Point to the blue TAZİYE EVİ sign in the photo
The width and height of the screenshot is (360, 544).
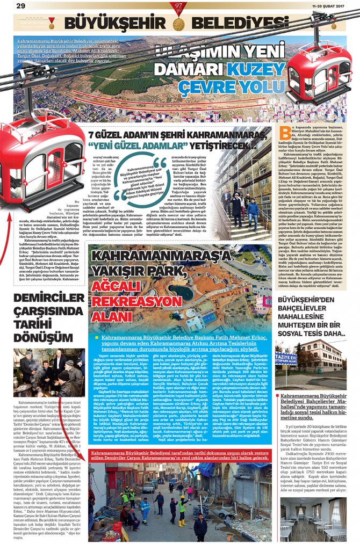(x=286, y=359)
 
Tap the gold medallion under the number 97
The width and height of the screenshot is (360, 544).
(x=179, y=23)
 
